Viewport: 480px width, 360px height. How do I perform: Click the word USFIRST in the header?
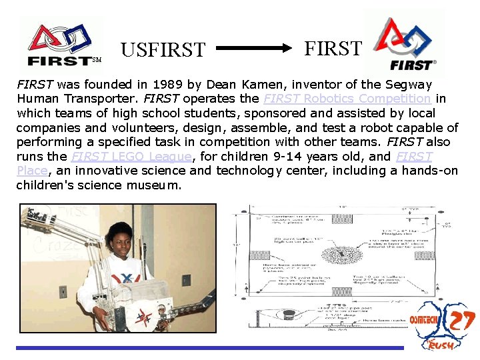tap(163, 50)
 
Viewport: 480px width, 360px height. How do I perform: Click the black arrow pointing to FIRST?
tap(254, 49)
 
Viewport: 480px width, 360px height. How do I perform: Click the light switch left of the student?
tap(63, 291)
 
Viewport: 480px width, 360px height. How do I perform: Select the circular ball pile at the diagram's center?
tap(343, 256)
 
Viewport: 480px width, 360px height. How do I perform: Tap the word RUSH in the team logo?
tap(439, 345)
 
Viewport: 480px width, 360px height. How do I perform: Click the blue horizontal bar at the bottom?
tap(210, 347)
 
